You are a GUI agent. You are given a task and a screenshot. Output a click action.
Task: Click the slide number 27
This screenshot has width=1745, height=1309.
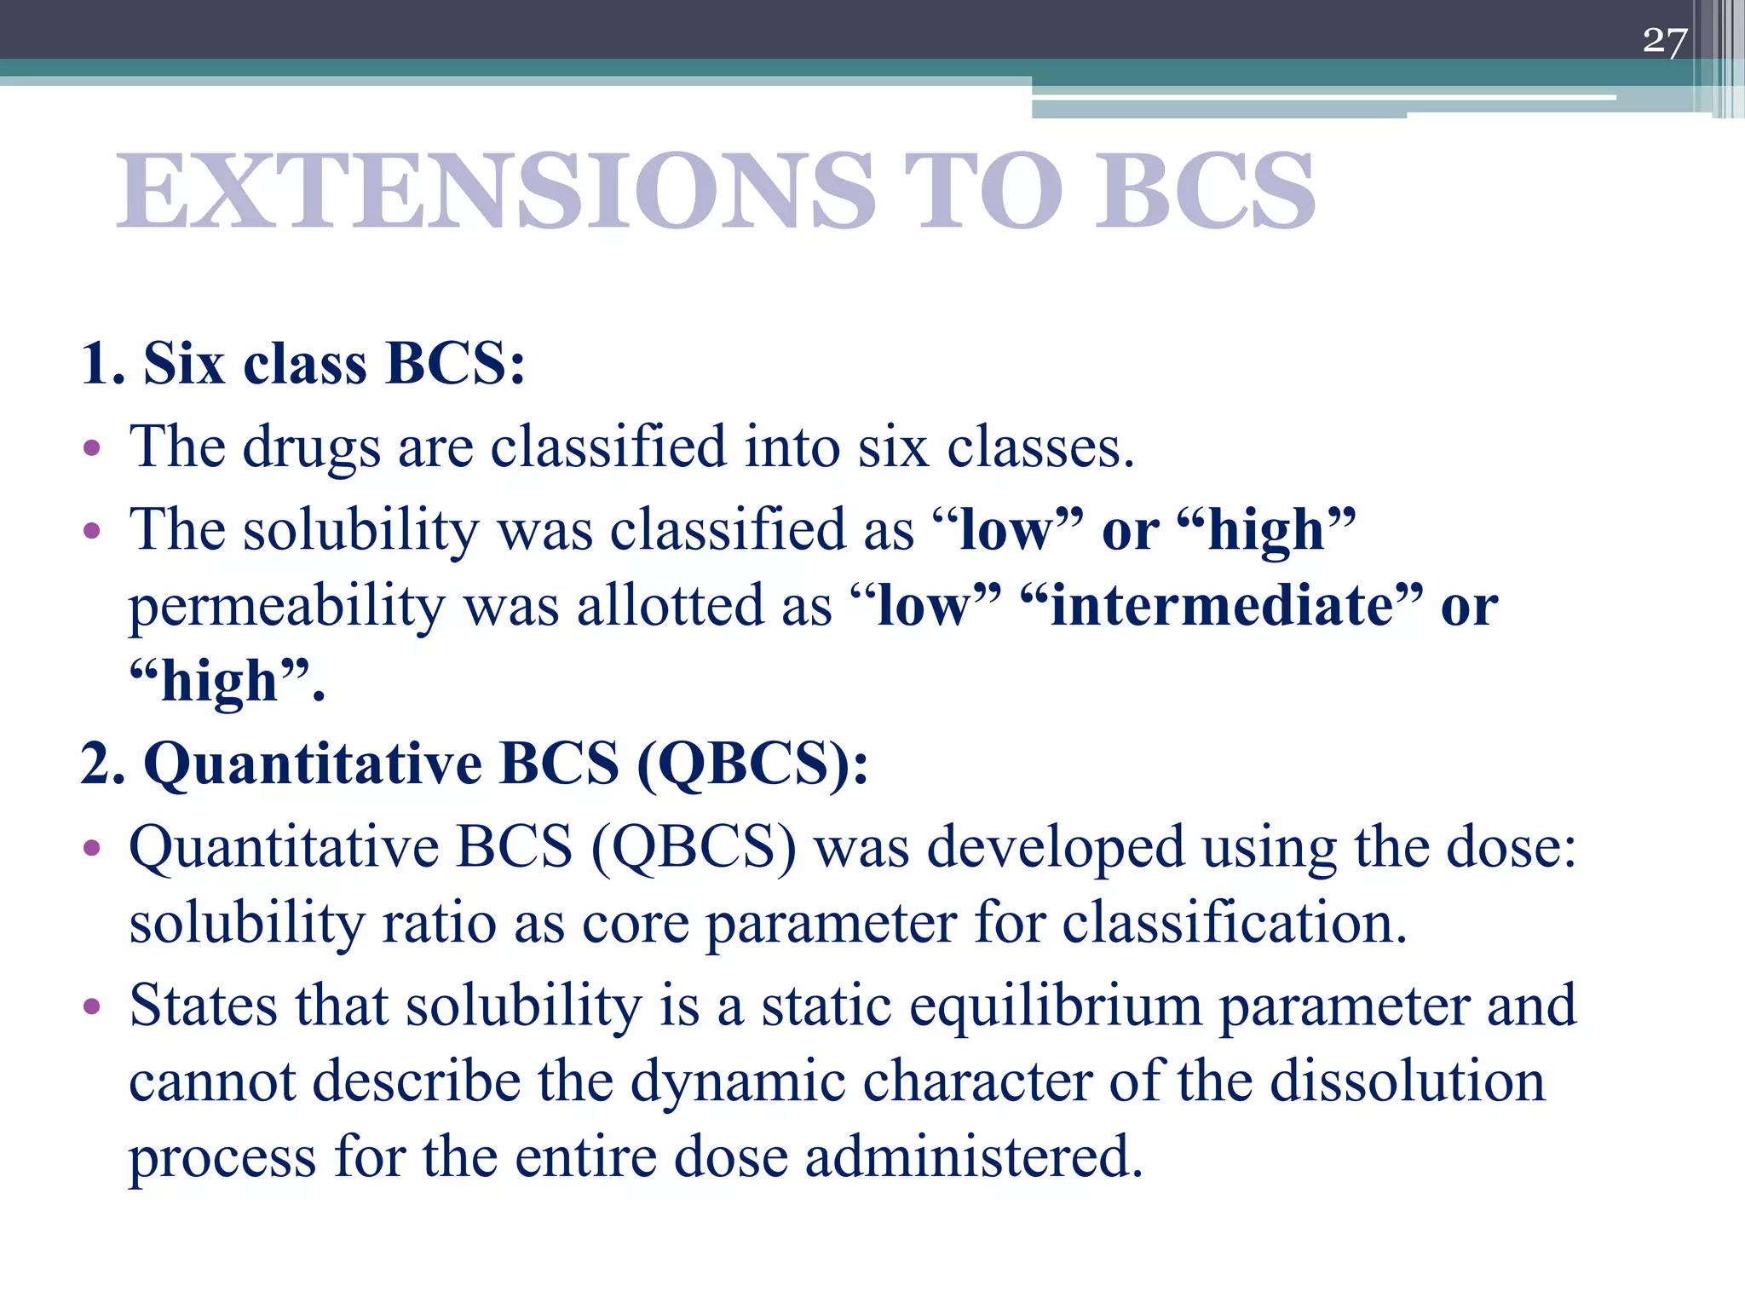1664,41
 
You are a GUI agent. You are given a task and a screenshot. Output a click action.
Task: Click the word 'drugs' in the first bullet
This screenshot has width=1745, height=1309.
311,447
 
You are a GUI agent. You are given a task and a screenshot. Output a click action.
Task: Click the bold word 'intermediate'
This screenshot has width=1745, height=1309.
1221,606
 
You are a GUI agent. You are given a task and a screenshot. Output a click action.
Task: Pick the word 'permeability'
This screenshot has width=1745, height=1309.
286,608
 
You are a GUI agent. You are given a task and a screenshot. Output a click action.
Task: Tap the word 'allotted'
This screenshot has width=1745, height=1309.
670,606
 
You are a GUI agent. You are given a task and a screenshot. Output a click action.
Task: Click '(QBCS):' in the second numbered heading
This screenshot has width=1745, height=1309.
752,763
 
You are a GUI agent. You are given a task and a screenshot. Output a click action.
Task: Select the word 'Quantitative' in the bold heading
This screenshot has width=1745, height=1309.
313,763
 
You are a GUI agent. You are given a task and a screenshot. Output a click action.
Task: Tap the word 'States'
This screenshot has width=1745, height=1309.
204,1006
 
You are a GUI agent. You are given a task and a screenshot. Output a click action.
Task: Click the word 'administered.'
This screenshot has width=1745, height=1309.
973,1157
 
